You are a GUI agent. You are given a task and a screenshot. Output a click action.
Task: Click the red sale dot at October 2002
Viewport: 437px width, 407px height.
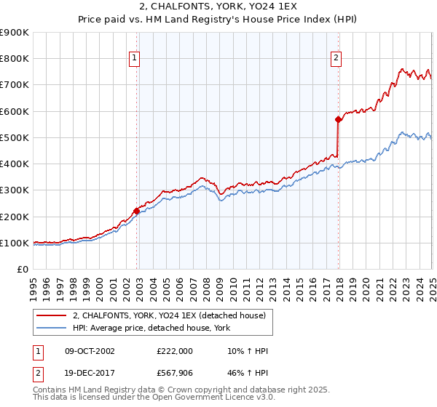136,211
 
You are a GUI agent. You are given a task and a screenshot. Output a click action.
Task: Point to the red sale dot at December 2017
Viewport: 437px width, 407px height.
338,119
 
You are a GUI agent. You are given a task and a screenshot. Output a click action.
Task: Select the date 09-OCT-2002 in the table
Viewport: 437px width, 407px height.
90,351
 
